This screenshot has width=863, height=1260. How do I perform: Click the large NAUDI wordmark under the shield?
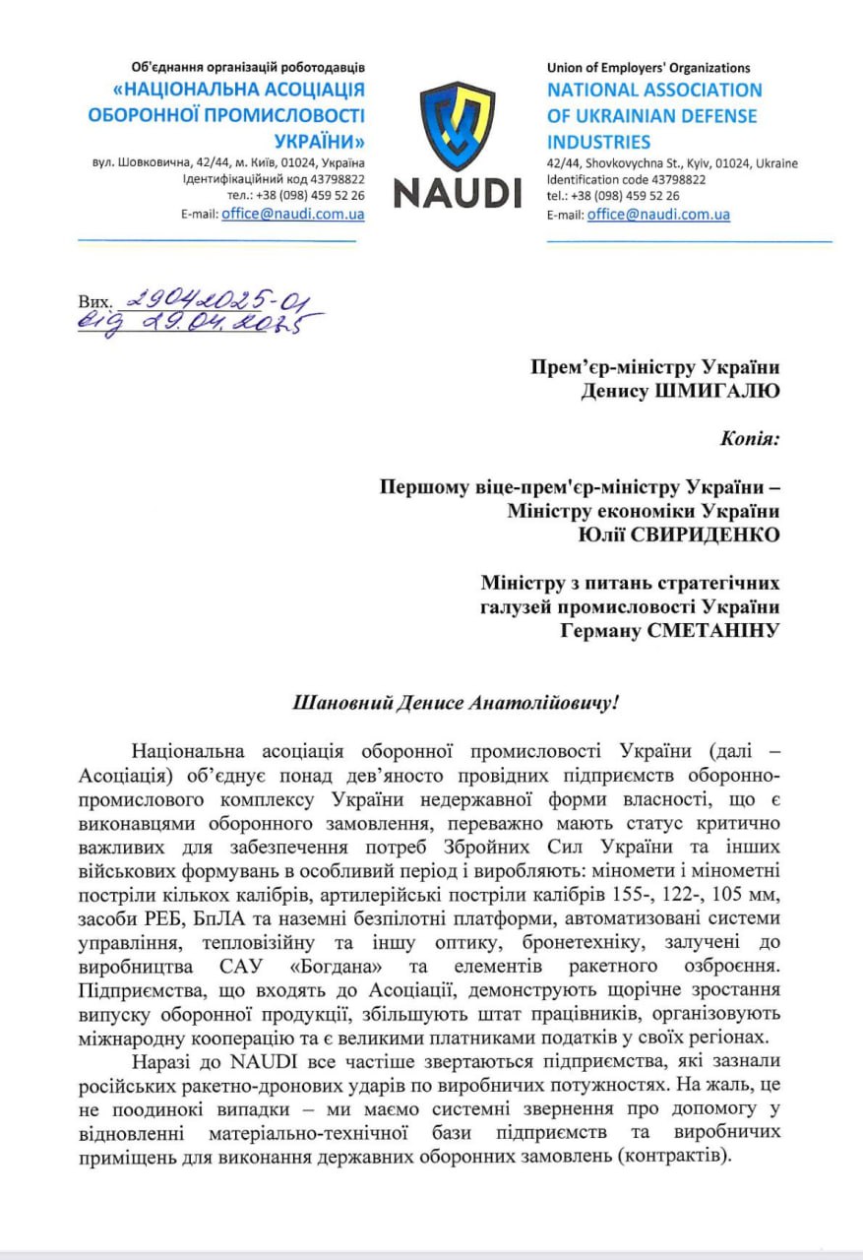458,192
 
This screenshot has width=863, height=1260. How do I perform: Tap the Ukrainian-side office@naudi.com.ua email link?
293,214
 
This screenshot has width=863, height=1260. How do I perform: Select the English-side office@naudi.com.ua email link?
658,214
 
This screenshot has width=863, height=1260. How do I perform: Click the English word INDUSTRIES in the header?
599,142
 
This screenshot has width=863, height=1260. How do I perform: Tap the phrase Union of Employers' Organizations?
648,68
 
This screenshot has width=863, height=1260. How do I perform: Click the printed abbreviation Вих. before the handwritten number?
94,302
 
